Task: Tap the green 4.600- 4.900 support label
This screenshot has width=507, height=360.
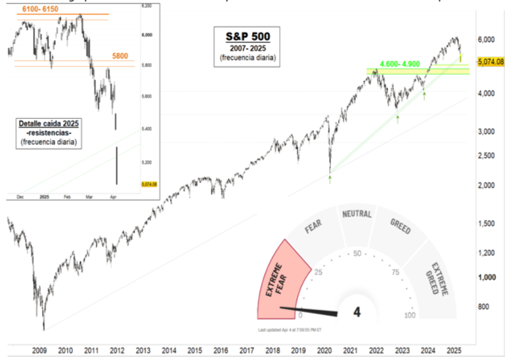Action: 400,64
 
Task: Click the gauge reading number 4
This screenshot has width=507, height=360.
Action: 357,311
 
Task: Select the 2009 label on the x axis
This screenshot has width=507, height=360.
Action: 39,351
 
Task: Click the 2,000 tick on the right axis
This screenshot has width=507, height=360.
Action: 485,186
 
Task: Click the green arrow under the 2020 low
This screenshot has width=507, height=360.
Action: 330,178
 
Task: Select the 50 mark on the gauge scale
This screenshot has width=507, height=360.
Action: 357,253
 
